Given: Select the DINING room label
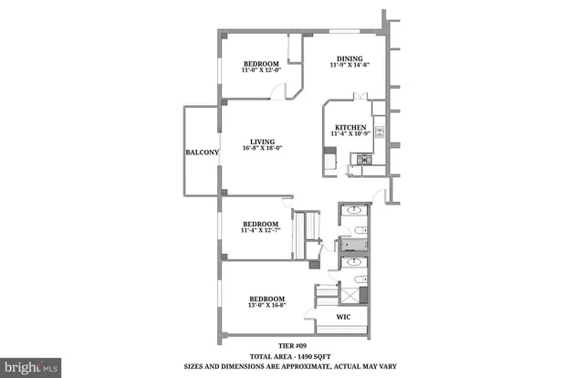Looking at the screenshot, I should [x=350, y=56].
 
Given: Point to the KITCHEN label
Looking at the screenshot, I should [x=350, y=127].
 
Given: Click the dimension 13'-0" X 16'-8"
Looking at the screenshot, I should [x=266, y=307].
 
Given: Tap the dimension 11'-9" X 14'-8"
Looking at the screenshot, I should [x=350, y=64].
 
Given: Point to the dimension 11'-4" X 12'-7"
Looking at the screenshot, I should [x=260, y=230].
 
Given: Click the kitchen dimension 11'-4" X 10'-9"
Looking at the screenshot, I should [x=350, y=134].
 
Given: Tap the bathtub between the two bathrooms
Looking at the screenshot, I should [x=352, y=245].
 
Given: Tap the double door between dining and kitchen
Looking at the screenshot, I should [x=360, y=96].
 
